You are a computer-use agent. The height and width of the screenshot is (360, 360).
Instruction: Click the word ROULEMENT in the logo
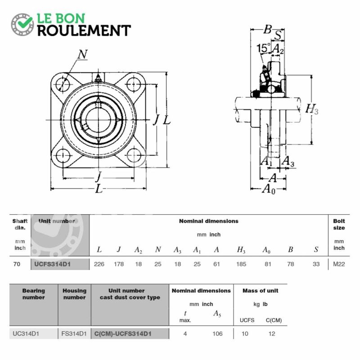click(x=84, y=31)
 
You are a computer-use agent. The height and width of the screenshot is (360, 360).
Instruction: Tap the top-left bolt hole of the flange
click(x=63, y=84)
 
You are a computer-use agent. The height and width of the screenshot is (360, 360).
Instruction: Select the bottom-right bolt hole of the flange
click(x=134, y=155)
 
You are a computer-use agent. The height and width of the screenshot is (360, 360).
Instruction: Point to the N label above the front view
click(x=82, y=54)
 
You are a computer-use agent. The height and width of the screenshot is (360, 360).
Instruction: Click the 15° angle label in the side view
click(x=263, y=48)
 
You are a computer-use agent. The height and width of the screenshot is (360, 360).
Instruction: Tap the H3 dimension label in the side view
click(x=312, y=109)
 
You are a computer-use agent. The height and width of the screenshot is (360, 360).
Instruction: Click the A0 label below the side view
click(x=268, y=189)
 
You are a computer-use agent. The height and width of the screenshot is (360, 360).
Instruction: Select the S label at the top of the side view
click(x=278, y=35)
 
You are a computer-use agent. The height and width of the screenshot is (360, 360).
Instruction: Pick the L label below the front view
click(x=99, y=189)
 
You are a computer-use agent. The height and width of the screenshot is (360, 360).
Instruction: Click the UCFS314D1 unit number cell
click(x=52, y=264)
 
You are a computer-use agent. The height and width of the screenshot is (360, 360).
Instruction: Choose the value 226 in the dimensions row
click(x=99, y=264)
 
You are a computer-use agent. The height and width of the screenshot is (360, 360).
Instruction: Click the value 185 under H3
click(x=241, y=264)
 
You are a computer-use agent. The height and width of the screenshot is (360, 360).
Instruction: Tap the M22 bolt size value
click(x=339, y=264)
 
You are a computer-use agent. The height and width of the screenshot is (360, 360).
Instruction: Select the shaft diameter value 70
click(x=17, y=264)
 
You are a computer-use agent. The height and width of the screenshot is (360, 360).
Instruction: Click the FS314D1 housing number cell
click(x=74, y=333)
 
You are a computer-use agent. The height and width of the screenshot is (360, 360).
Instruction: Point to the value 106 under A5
click(x=217, y=333)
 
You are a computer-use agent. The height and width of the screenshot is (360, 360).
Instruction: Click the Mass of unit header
click(x=261, y=291)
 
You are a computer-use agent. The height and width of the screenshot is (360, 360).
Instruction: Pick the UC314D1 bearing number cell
click(x=26, y=333)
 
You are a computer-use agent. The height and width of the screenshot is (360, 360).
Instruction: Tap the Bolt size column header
click(x=339, y=224)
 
